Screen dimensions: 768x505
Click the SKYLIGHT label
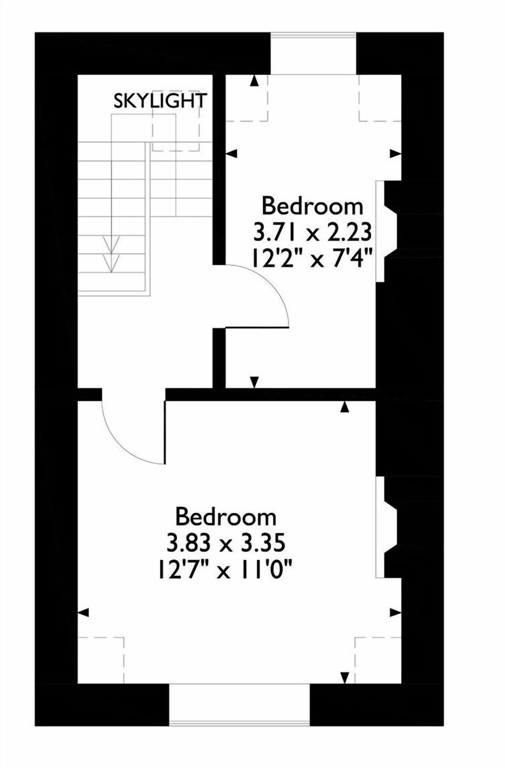pyautogui.click(x=160, y=101)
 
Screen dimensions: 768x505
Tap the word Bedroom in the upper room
pyautogui.click(x=312, y=206)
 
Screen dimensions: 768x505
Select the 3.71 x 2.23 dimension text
pyautogui.click(x=312, y=232)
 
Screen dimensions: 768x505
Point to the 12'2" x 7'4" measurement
pyautogui.click(x=312, y=258)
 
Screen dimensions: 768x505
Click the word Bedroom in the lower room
pyautogui.click(x=226, y=516)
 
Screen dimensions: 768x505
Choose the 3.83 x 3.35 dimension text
pyautogui.click(x=226, y=542)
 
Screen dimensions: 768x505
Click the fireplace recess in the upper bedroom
pyautogui.click(x=388, y=232)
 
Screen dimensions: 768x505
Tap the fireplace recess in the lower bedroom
pyautogui.click(x=388, y=527)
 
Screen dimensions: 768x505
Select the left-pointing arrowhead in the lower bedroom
pyautogui.click(x=83, y=613)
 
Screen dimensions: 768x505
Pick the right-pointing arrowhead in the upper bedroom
pyautogui.click(x=396, y=153)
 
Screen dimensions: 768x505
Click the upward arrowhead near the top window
pyautogui.click(x=254, y=81)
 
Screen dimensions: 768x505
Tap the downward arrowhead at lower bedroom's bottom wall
pyautogui.click(x=345, y=677)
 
